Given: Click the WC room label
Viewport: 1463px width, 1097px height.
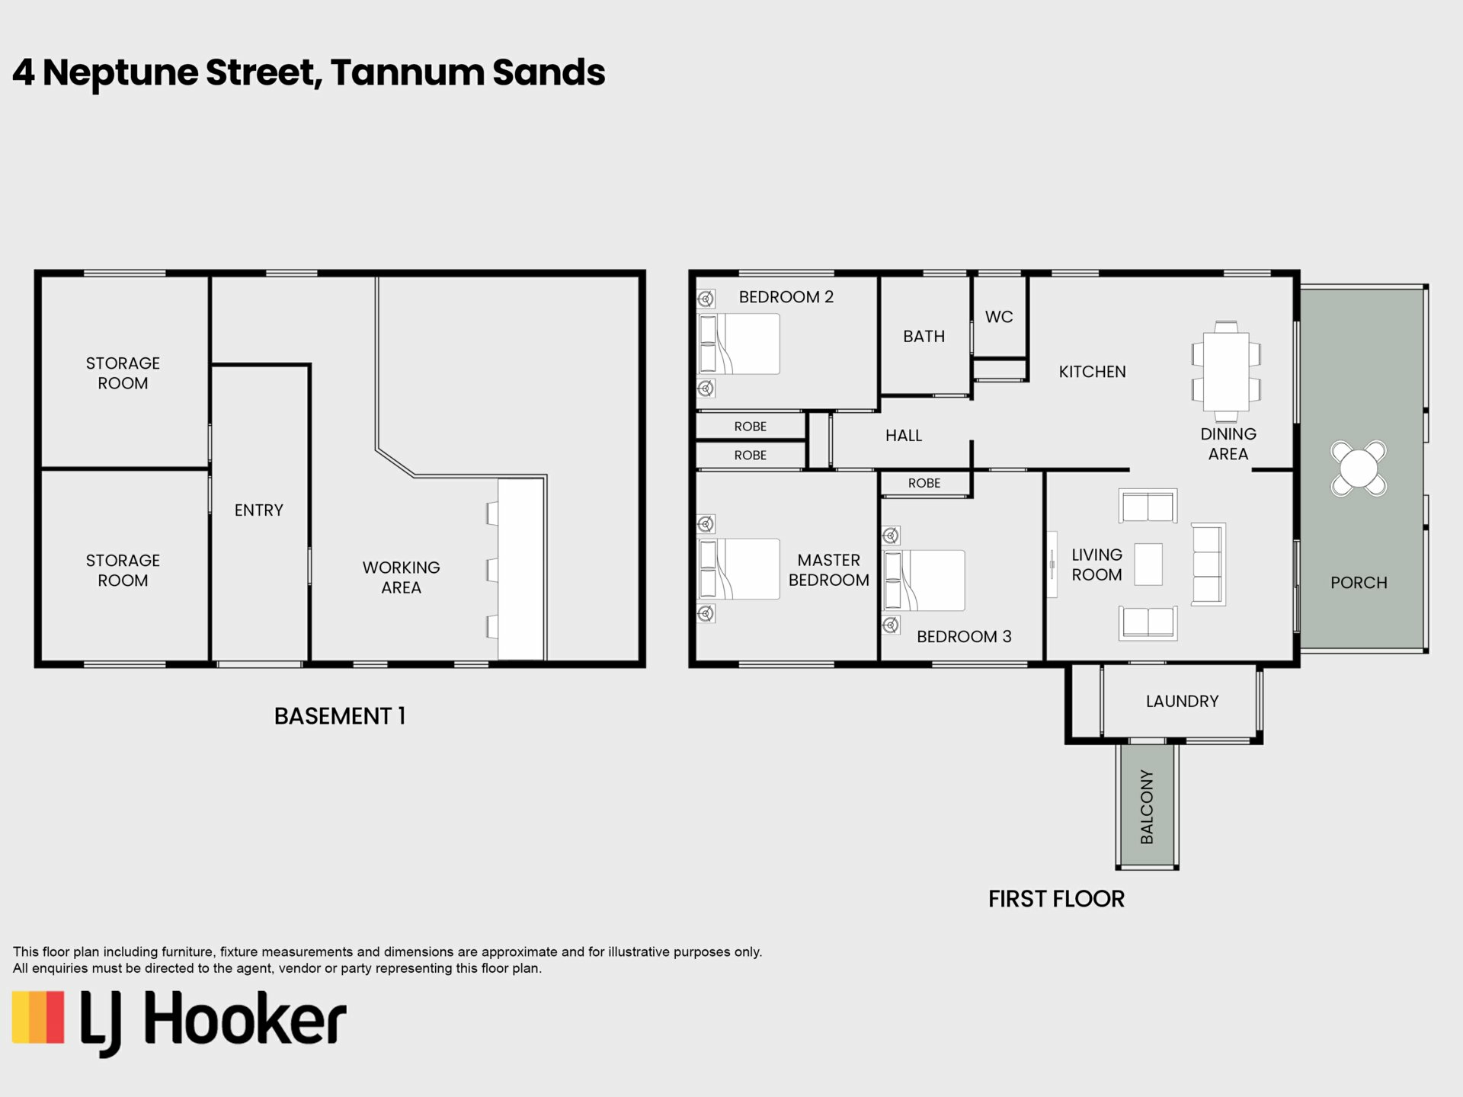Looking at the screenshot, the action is (x=999, y=317).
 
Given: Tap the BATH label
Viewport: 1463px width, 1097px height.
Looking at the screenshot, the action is (x=924, y=336).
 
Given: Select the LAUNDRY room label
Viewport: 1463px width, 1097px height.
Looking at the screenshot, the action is (x=1182, y=701).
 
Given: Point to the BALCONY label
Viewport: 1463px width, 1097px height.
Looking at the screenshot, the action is (x=1147, y=807).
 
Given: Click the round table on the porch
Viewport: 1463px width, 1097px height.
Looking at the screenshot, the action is (x=1359, y=469).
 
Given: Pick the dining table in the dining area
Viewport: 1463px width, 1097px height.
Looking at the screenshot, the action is (x=1226, y=371).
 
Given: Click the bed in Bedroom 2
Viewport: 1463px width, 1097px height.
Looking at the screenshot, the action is (x=739, y=344).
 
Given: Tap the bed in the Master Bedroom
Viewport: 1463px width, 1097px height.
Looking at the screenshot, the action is (x=739, y=568).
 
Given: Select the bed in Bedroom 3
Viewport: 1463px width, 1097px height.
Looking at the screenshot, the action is (x=924, y=580).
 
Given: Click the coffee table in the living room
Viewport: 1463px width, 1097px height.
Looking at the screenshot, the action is (x=1148, y=564).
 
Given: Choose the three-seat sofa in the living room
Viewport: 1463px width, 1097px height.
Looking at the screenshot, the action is (x=1208, y=564).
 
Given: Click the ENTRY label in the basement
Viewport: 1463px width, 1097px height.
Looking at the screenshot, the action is (x=259, y=510).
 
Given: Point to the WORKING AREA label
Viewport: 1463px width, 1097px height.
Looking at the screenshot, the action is (x=402, y=577).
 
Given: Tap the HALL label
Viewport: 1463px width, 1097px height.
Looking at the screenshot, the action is (x=904, y=436).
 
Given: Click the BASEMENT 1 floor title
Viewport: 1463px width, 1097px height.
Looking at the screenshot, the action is (x=340, y=716).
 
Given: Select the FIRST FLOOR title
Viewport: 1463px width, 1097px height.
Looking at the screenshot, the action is (x=1056, y=899).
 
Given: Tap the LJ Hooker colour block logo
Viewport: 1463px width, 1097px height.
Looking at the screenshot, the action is (x=38, y=1017).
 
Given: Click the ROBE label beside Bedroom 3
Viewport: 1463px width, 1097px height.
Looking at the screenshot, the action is (x=924, y=483).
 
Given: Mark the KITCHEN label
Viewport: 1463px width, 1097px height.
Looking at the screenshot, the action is (x=1092, y=372).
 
